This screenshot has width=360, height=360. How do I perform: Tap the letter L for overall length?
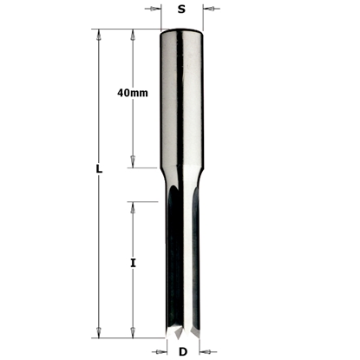point(99,171)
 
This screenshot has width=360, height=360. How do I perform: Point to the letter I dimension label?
point(132,259)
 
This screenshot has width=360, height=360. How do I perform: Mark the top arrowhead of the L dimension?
point(99,35)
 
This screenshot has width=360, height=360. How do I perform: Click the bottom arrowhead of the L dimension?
point(99,332)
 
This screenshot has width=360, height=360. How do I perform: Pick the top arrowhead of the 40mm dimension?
point(132,35)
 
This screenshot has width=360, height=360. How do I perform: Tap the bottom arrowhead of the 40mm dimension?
point(132,162)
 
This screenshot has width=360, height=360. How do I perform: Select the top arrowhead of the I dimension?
point(132,206)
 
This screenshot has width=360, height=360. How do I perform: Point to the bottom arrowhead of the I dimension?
point(132,332)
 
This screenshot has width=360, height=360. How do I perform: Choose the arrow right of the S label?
point(207,10)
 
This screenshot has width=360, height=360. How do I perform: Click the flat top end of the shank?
point(181,31)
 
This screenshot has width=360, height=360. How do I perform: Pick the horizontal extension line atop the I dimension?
point(143,202)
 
